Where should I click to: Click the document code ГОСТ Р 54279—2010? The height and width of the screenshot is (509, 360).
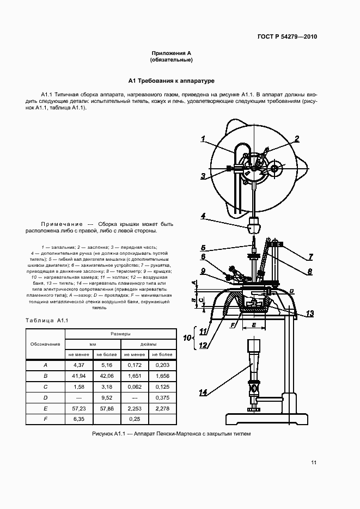pyautogui.click(x=286, y=37)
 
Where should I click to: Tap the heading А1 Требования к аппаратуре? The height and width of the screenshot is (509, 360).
pyautogui.click(x=172, y=81)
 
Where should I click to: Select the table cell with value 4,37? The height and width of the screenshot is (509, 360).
pyautogui.click(x=79, y=365)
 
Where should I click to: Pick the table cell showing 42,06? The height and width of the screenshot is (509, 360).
pyautogui.click(x=106, y=376)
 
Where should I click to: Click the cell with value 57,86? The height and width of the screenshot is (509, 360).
pyautogui.click(x=106, y=408)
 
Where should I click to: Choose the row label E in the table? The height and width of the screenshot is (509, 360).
pyautogui.click(x=45, y=408)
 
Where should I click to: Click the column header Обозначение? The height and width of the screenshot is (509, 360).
pyautogui.click(x=45, y=345)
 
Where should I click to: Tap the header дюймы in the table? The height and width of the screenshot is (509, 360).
pyautogui.click(x=149, y=345)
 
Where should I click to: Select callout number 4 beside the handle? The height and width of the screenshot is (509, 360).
pyautogui.click(x=203, y=216)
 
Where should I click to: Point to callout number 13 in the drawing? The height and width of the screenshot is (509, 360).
pyautogui.click(x=310, y=313)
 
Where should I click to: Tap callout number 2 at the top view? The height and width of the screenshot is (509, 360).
pyautogui.click(x=297, y=138)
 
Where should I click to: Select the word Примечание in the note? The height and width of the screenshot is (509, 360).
pyautogui.click(x=62, y=224)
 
